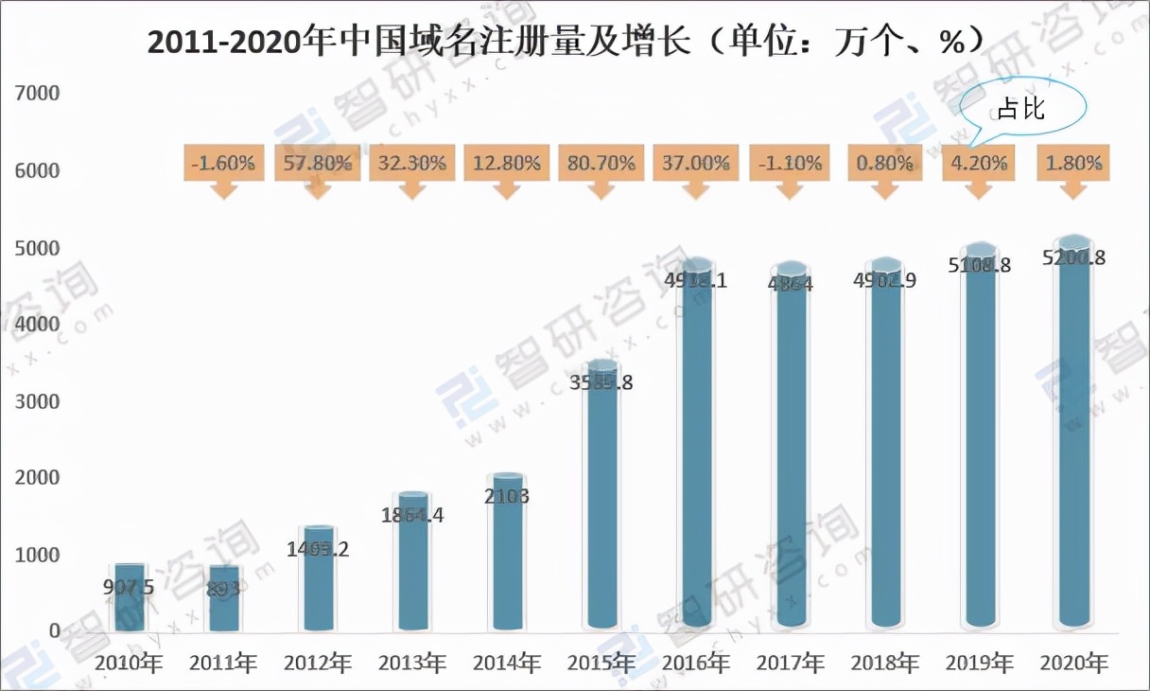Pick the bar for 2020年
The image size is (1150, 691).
point(1074,435)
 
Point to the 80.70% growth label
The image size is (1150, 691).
point(601,163)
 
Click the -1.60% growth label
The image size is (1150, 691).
point(223,163)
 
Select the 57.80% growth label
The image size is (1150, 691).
point(318,163)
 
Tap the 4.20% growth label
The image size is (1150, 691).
point(980,163)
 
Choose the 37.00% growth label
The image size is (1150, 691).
point(696,163)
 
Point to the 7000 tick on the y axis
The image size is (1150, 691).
point(37,94)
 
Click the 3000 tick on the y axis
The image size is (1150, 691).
point(37,401)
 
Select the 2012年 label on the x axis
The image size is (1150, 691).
point(318,663)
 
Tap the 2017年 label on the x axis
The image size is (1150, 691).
point(791,663)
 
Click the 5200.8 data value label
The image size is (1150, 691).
point(1073,257)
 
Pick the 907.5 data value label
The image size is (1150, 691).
point(130,587)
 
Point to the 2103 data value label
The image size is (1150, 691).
point(507,495)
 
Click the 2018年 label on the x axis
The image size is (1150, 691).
point(885,663)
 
